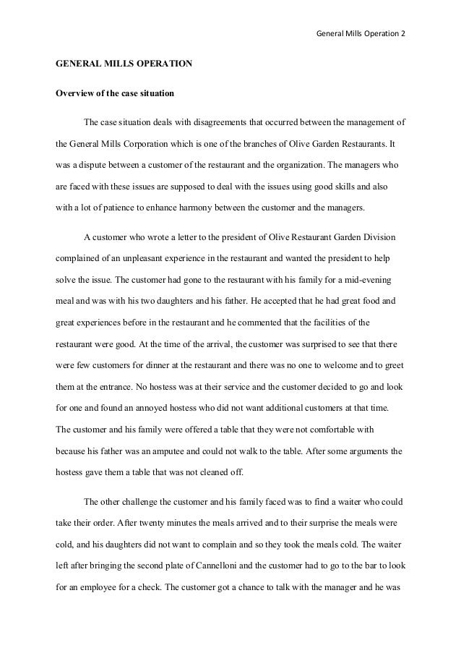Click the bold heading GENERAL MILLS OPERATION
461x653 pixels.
tap(124, 64)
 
